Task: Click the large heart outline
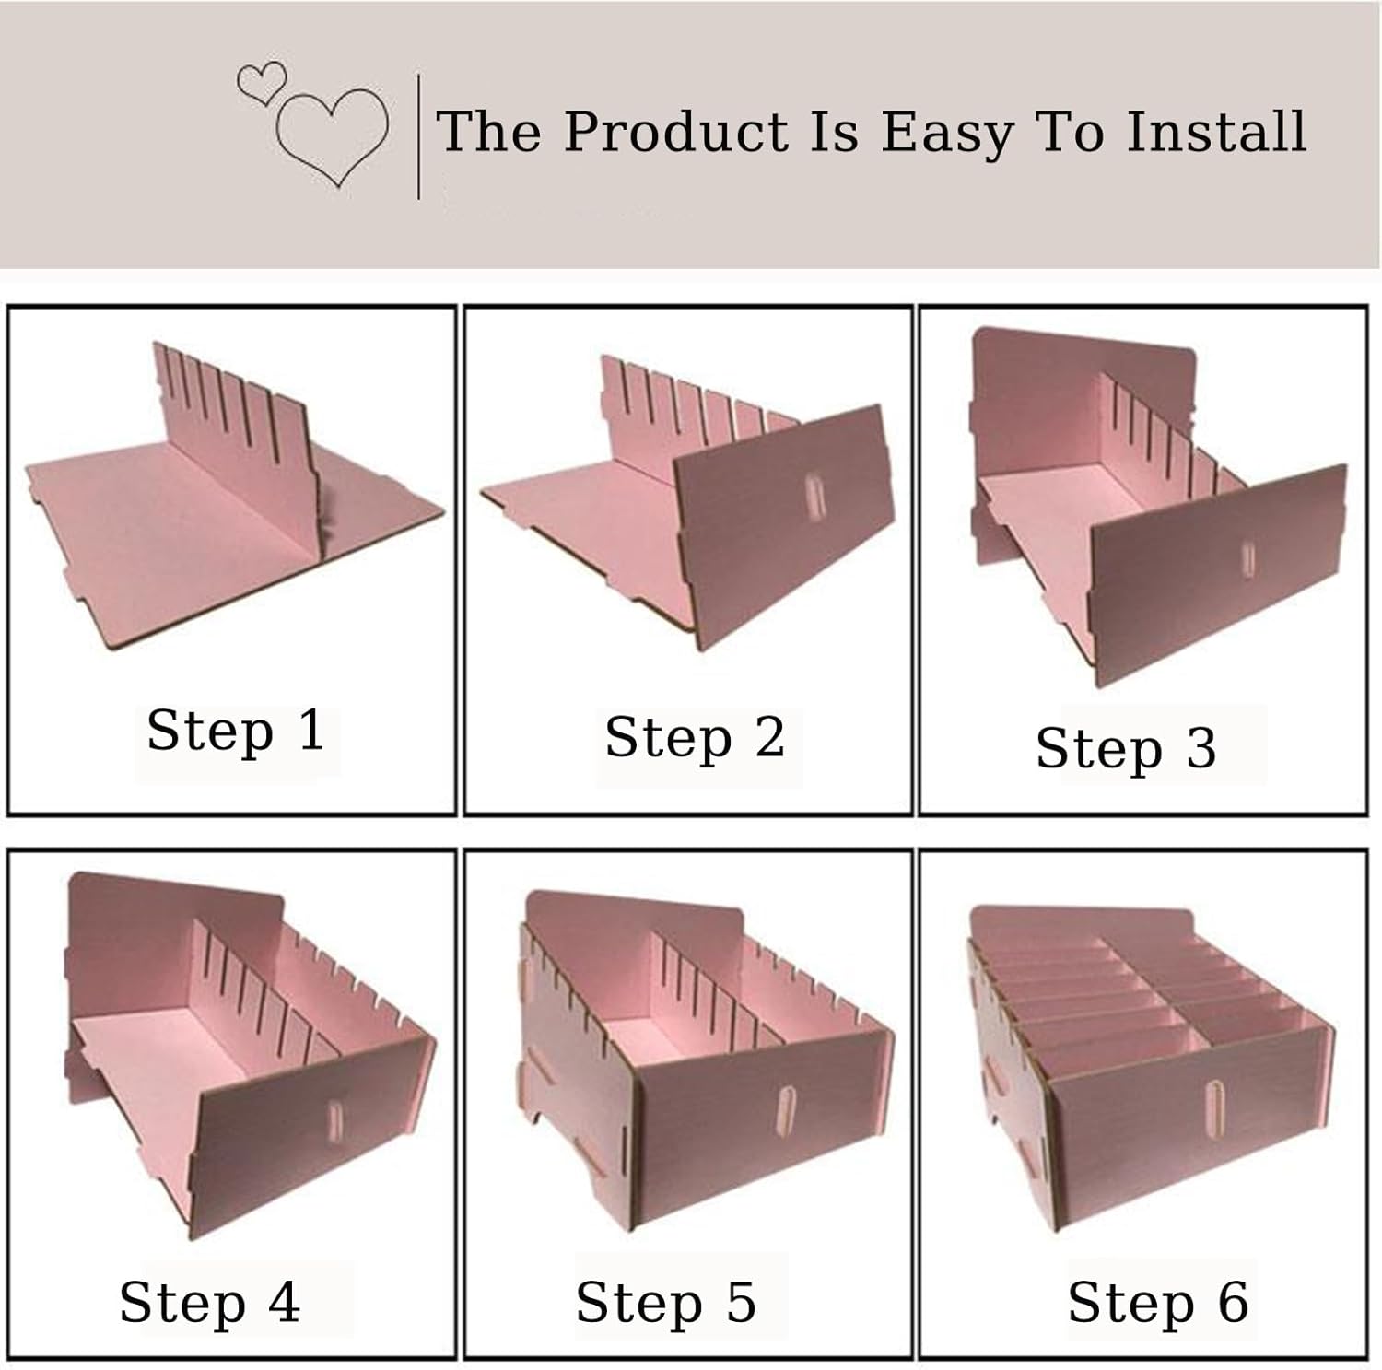point(332,136)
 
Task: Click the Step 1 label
point(236,731)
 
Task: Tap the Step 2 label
point(695,737)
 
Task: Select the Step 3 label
point(1126,747)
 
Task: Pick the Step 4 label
point(210,1302)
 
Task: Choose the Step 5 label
point(665,1302)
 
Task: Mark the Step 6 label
point(1158,1302)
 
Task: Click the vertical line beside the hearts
point(419,136)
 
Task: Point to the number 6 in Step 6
point(1233,1302)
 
